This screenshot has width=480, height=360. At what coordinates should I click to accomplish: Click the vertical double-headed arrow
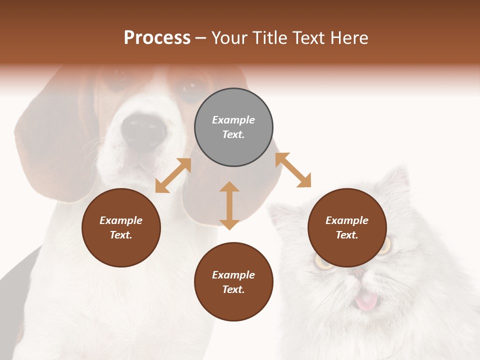click(229, 205)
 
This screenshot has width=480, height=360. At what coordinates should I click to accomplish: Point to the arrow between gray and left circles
click(173, 175)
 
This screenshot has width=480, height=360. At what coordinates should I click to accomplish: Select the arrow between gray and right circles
click(293, 170)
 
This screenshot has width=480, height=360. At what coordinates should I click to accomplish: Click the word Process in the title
click(157, 38)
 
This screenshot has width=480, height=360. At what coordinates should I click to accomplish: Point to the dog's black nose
click(143, 131)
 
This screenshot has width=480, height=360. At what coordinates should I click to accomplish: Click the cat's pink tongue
click(366, 301)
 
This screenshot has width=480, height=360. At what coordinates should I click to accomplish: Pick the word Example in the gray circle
click(233, 120)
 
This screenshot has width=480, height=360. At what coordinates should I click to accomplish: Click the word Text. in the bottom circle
click(233, 289)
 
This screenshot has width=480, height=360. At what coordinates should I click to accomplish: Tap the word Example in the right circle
click(347, 220)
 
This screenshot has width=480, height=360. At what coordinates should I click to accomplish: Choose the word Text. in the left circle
click(121, 235)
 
